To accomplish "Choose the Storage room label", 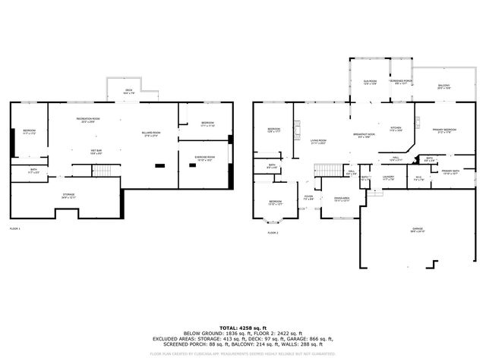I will tap(68, 196).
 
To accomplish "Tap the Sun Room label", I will tap(370, 82).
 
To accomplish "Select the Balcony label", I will tap(443, 88).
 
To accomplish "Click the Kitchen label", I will tap(396, 129).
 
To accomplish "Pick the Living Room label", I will tap(317, 142).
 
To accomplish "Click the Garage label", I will tap(418, 228).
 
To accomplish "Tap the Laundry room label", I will tap(388, 178).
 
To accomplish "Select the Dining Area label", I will tap(342, 199).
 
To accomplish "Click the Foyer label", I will tap(308, 198).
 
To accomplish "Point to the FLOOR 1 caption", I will tap(15, 228).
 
